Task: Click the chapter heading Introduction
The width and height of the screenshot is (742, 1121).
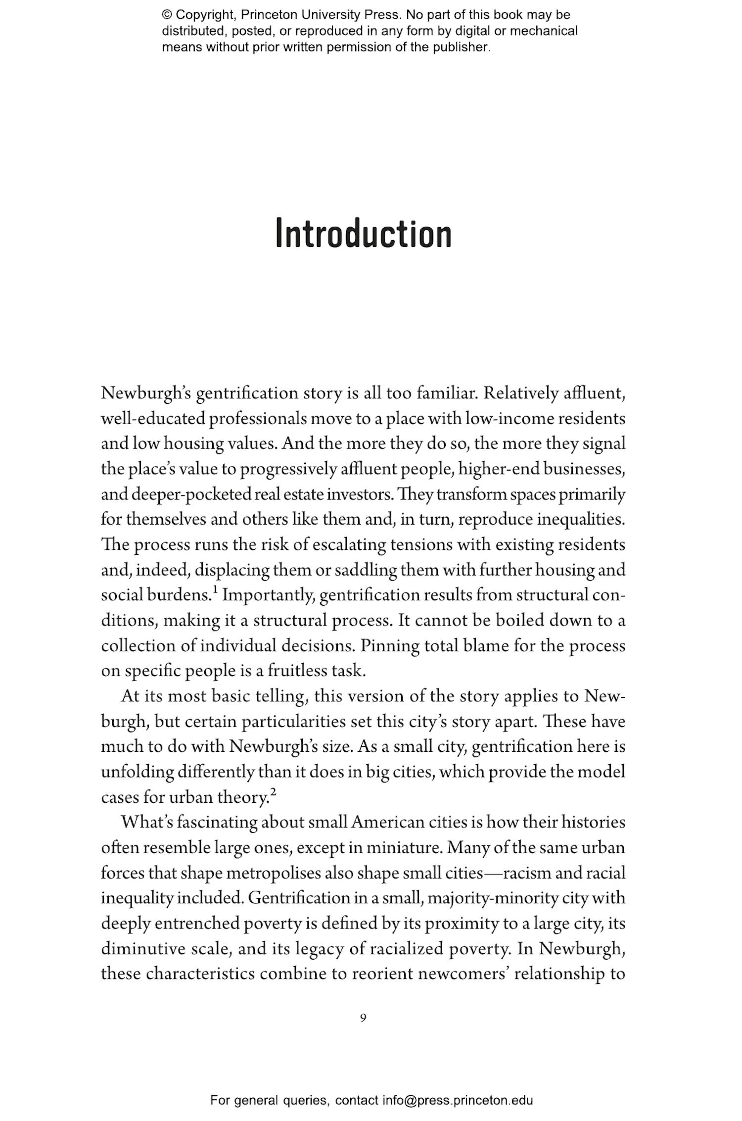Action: [363, 234]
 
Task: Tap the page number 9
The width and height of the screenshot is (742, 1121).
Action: [363, 1018]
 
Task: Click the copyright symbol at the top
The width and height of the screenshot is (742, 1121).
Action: [167, 15]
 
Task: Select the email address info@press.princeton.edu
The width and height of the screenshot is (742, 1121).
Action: [457, 1100]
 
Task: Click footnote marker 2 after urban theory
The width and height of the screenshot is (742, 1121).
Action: [274, 792]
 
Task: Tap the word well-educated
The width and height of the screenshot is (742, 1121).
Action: [153, 419]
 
